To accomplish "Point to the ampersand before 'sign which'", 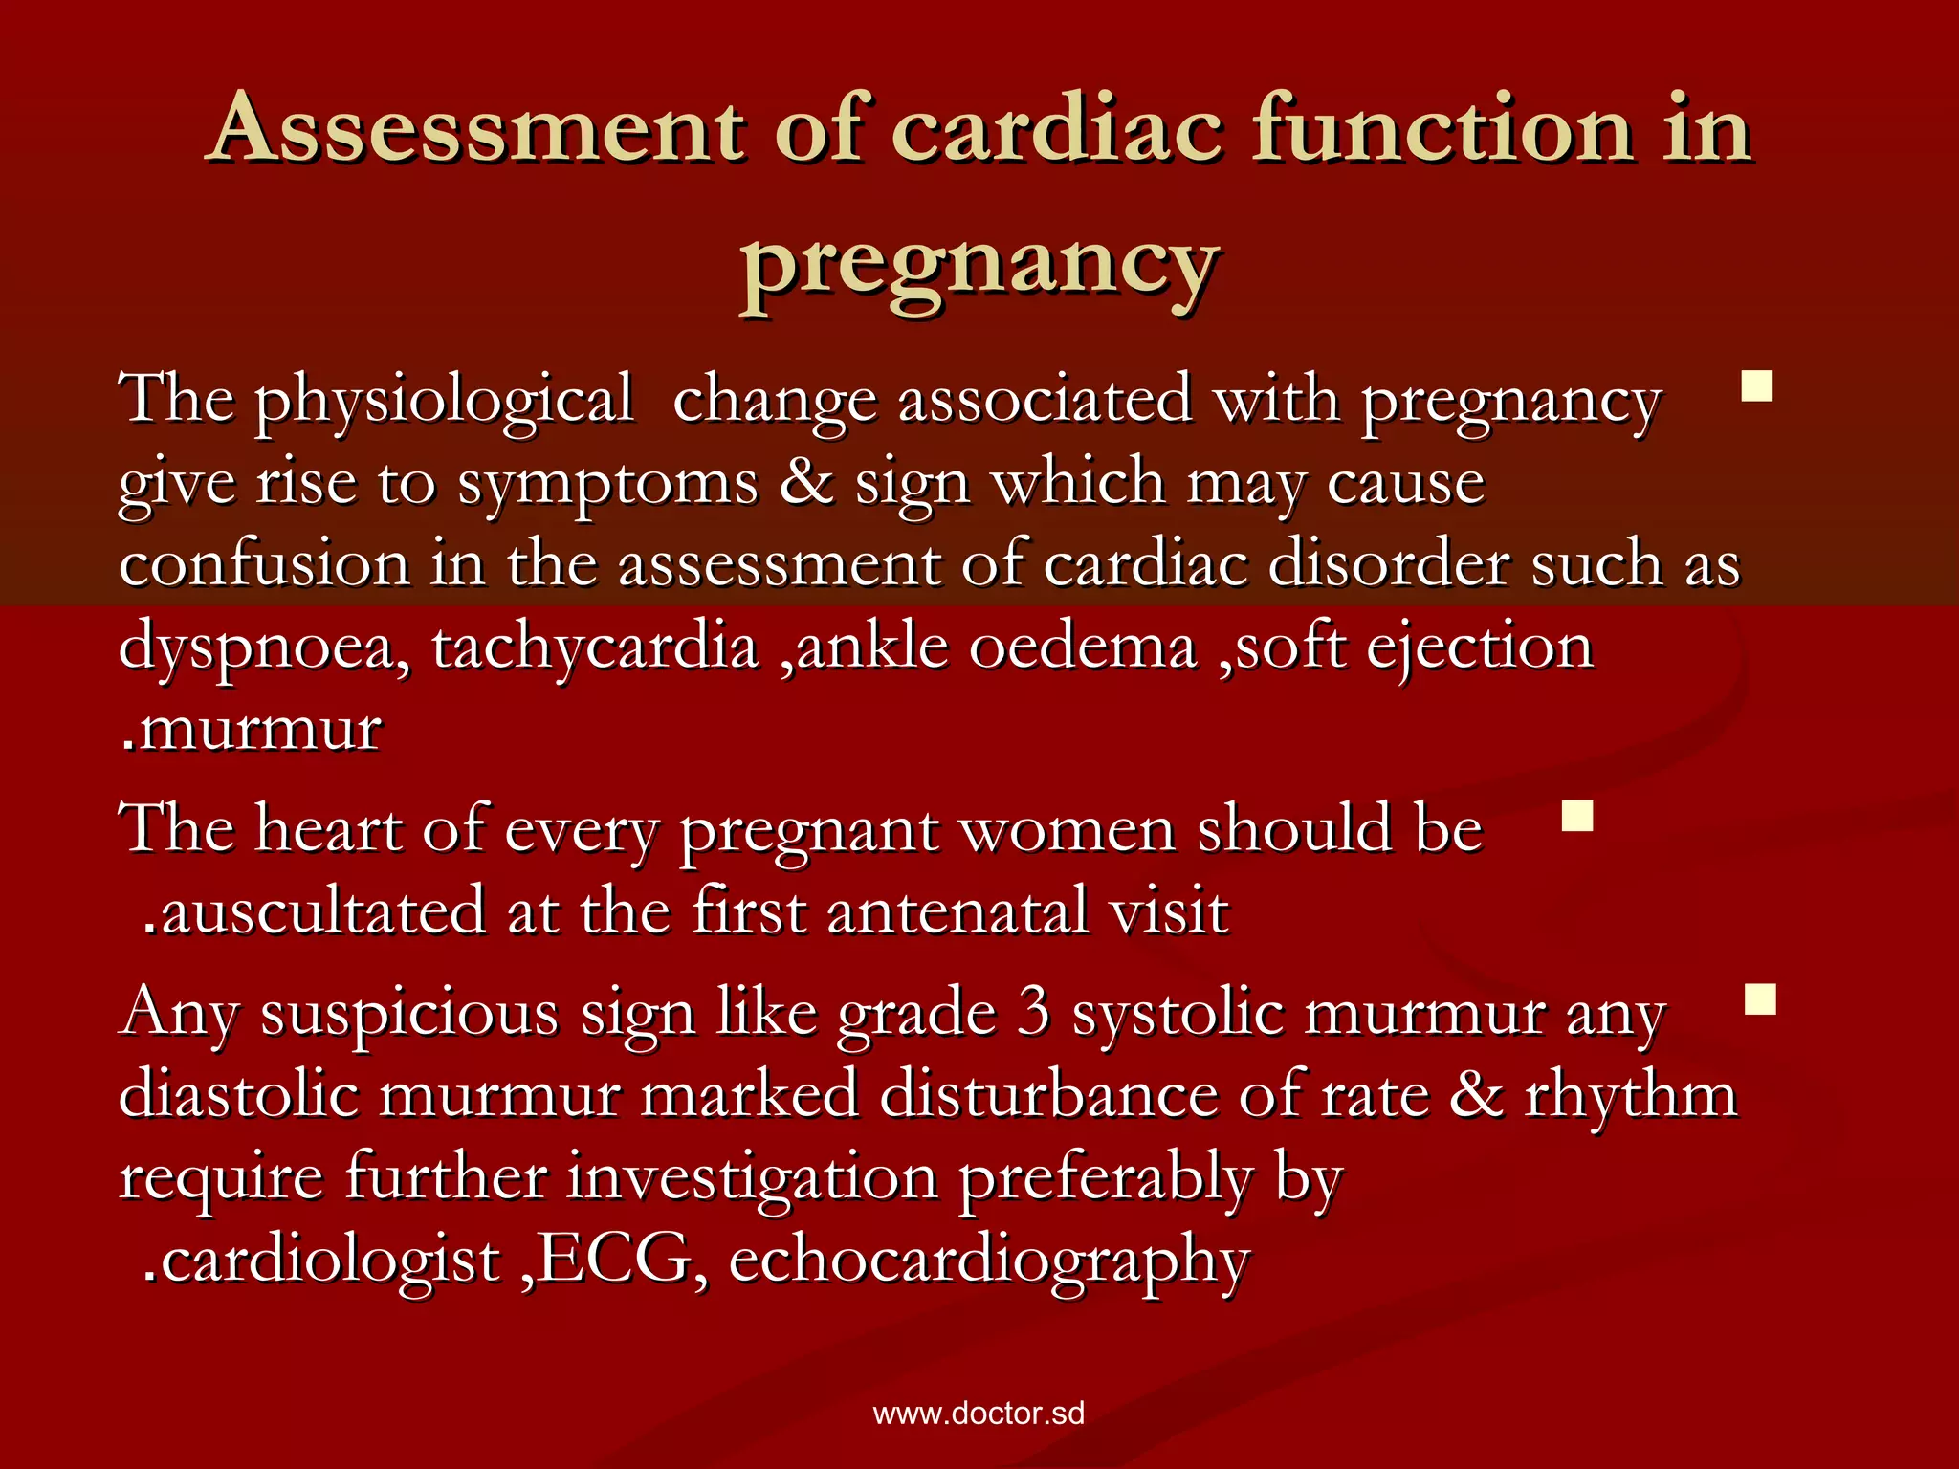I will click(806, 481).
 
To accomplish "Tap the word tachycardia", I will click(595, 648).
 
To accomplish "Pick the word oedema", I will click(1083, 647).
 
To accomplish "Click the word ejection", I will click(1480, 648).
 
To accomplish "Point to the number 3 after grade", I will click(1033, 1012).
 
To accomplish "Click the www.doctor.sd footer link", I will click(979, 1414).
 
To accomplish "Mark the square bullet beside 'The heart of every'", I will click(1576, 816).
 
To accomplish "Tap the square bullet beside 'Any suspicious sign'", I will click(1760, 999).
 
